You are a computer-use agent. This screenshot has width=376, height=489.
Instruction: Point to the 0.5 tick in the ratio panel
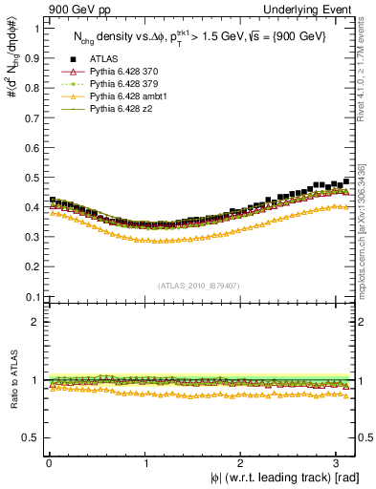click(33, 437)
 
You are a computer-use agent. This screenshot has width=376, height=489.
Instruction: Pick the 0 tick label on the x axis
click(49, 463)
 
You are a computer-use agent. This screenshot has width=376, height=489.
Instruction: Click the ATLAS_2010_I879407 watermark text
click(199, 286)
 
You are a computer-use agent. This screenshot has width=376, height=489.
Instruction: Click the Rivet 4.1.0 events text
click(363, 67)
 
